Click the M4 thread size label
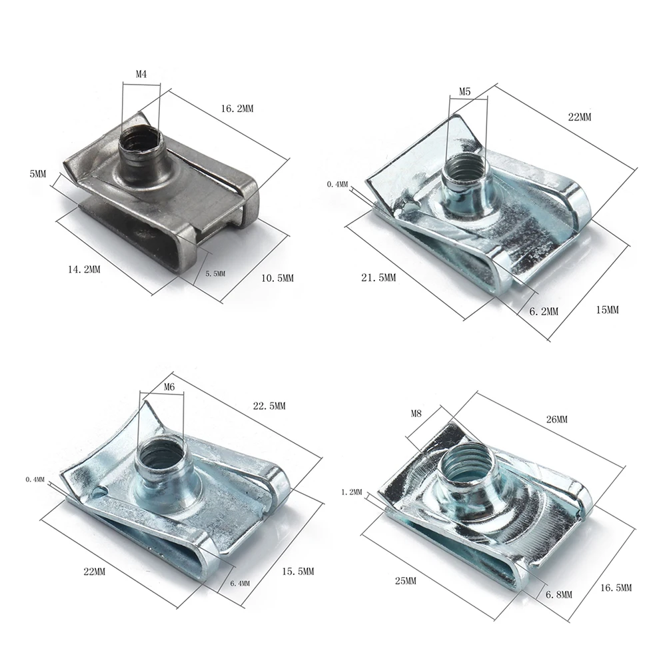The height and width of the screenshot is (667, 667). tap(141, 74)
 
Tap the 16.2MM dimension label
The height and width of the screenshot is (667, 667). tap(237, 109)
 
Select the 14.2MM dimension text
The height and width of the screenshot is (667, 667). tap(84, 269)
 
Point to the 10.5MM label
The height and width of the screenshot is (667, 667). tap(277, 279)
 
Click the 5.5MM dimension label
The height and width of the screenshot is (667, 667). tap(215, 273)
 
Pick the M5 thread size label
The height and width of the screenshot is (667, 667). tap(465, 91)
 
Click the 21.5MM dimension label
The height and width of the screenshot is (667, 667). tap(378, 278)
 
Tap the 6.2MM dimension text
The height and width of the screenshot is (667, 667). tap(544, 311)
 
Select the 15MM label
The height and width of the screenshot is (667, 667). tap(607, 310)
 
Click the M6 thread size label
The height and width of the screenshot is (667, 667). tap(169, 387)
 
